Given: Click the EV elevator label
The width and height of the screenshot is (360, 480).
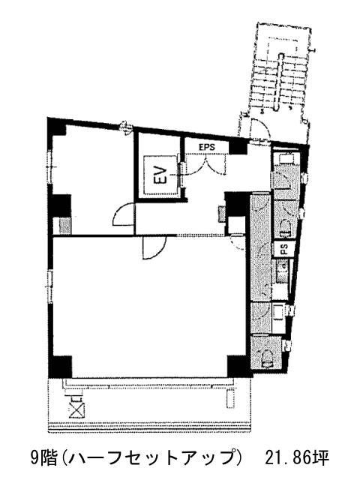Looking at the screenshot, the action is click(x=161, y=175).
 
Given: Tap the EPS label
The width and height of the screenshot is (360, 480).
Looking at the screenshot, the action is click(x=207, y=147).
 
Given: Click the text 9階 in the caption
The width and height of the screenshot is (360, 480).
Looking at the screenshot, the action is click(x=43, y=457).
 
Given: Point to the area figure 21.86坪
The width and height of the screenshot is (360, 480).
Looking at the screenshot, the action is click(x=297, y=457).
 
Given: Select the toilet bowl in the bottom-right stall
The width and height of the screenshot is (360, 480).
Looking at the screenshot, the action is click(x=268, y=358).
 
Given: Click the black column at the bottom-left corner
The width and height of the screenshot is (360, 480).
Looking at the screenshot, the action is click(x=61, y=367).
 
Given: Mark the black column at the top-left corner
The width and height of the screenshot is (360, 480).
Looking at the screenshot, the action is click(x=57, y=127).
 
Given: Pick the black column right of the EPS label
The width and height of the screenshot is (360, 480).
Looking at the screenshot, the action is click(x=238, y=147).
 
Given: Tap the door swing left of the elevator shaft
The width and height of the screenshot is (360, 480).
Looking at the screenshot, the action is click(x=123, y=214).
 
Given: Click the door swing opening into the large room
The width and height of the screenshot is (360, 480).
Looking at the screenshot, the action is click(x=154, y=247).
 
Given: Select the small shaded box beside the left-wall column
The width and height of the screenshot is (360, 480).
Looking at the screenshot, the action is click(x=64, y=226).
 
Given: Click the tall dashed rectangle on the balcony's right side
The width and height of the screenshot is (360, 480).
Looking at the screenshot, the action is click(x=229, y=399).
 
